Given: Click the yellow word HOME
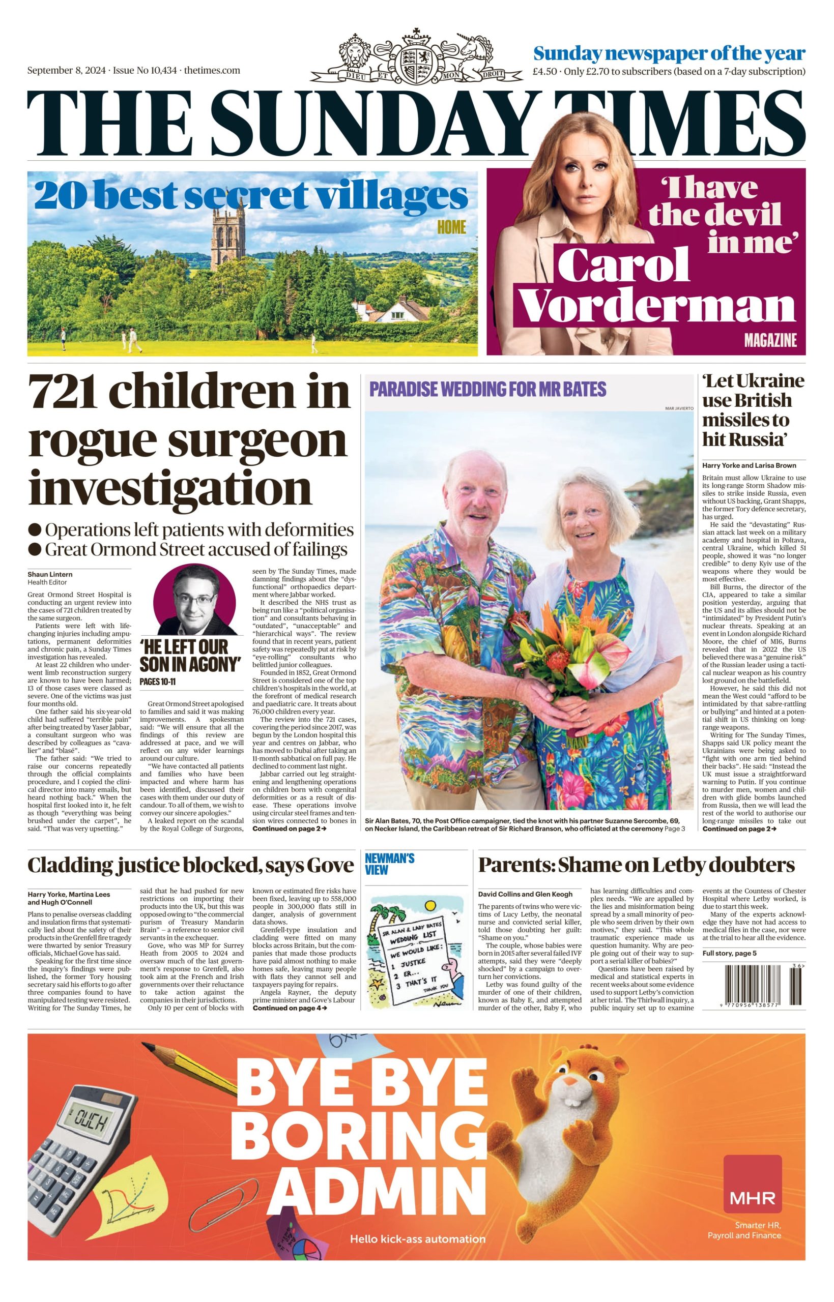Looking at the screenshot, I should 452,227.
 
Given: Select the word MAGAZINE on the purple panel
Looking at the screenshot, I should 770,340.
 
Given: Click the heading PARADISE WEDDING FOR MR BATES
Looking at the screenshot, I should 487,389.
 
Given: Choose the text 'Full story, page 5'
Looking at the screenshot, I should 729,953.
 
